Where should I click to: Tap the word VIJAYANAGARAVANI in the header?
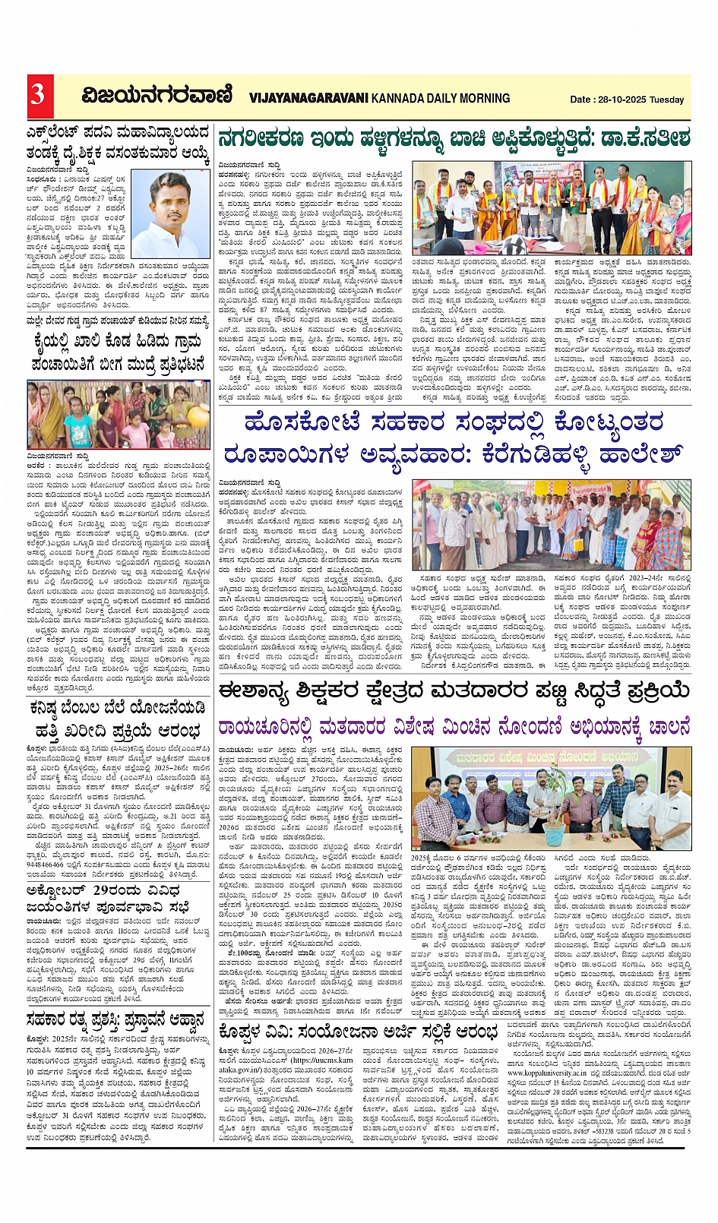pos(308,98)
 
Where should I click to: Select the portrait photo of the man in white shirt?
pos(171,215)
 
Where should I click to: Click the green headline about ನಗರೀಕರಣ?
pos(454,139)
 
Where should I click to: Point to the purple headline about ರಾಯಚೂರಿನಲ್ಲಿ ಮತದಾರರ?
pos(454,728)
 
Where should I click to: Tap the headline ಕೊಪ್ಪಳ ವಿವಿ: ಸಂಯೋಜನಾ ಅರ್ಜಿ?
pos(357,1032)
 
